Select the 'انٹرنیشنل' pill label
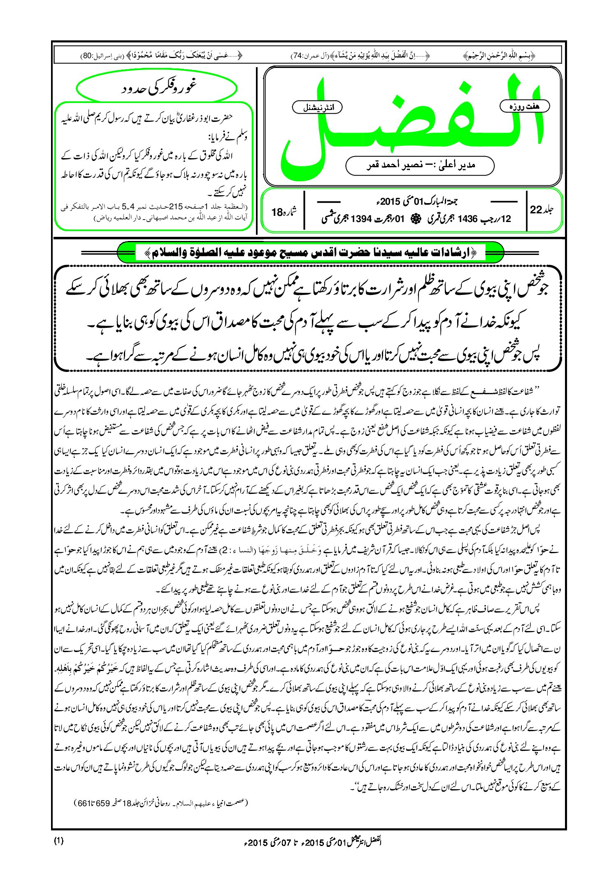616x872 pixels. [x=317, y=108]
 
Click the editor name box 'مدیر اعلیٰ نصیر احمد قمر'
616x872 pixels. [x=420, y=166]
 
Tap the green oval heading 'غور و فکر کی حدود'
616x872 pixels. [x=157, y=88]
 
